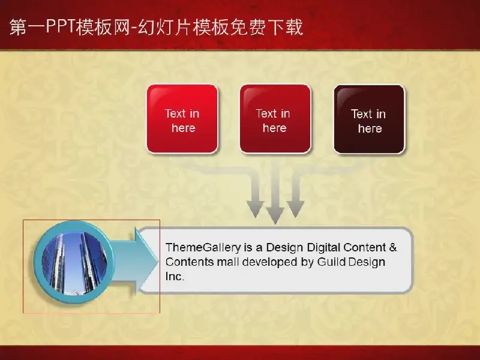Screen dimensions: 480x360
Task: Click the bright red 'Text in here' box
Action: pos(182,119)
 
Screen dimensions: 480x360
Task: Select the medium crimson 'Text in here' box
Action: pos(275,119)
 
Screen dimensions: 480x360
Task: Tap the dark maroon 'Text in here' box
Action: pos(370,119)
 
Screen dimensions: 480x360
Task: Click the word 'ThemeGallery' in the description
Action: pos(203,247)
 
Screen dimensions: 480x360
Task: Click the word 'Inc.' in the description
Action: pos(175,277)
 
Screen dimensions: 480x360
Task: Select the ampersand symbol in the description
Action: pos(393,247)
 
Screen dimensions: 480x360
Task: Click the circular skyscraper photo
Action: pos(74,262)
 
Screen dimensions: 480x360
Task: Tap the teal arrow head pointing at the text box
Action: pos(146,262)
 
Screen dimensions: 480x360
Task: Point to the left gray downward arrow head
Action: pos(256,209)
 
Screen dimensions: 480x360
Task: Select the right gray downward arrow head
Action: pos(295,209)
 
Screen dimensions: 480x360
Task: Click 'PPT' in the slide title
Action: pos(61,26)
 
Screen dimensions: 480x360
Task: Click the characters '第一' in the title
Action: pos(28,27)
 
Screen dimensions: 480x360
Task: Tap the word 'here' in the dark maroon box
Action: pos(370,128)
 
